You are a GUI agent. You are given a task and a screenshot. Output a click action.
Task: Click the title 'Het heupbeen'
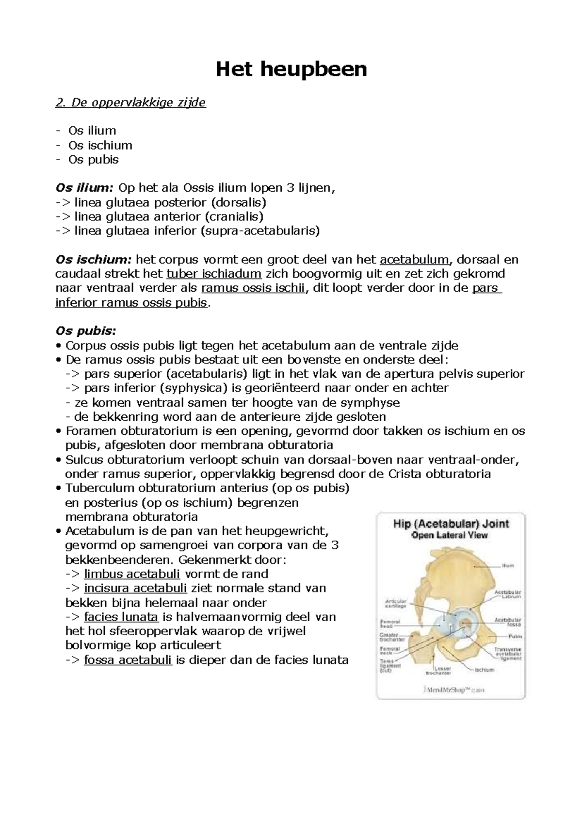291,70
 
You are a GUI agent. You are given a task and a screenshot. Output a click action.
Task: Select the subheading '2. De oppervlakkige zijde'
131,102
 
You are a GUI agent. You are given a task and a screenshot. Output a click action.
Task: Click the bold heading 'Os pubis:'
86,331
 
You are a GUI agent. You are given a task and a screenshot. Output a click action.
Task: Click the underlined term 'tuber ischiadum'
214,274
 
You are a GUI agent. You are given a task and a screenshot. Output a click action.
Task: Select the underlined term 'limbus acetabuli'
132,574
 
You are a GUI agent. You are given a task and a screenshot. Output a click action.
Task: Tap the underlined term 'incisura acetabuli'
135,588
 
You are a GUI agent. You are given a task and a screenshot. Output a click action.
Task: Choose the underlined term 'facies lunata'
121,617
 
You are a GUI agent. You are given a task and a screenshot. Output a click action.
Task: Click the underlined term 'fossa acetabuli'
128,660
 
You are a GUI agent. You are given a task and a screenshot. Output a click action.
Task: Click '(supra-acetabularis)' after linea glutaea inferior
260,231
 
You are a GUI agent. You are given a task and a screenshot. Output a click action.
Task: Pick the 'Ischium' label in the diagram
484,670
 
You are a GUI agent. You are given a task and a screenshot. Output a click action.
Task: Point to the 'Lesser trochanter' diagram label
438,671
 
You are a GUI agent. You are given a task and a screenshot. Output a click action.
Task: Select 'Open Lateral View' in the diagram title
450,535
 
